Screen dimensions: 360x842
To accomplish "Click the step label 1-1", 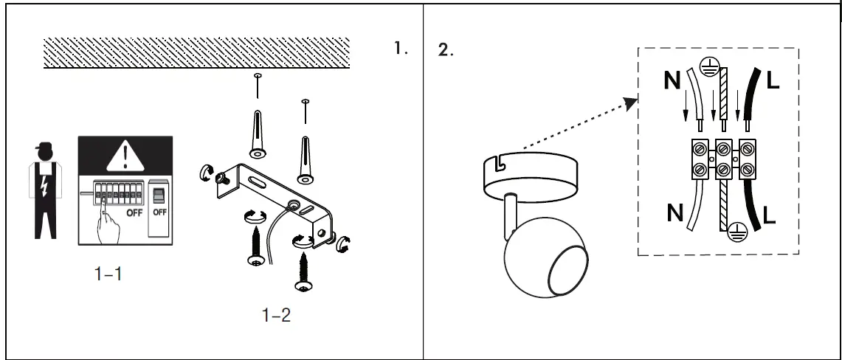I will click(108, 274).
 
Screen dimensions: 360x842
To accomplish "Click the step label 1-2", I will click(276, 316).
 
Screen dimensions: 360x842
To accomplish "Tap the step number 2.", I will click(446, 51).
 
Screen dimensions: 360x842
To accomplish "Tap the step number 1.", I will click(401, 49).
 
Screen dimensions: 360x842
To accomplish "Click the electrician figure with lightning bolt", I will click(44, 191).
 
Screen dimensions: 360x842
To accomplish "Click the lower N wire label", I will click(674, 213).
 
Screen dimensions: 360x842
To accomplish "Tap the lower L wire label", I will click(770, 215).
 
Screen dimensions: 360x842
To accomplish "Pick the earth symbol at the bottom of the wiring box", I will click(735, 233).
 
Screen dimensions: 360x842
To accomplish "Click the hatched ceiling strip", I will click(196, 53).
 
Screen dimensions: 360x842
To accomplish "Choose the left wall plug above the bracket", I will click(258, 133).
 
